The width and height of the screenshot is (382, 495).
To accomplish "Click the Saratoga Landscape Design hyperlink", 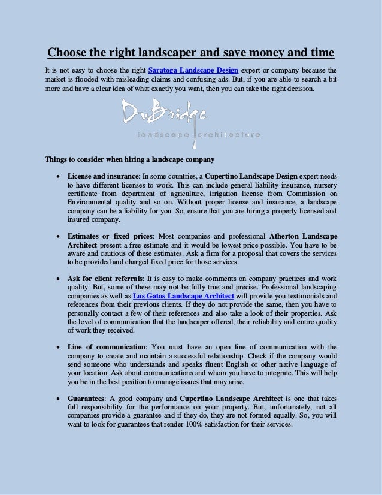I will tap(189, 70).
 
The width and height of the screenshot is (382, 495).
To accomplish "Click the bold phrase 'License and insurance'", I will tap(103, 177).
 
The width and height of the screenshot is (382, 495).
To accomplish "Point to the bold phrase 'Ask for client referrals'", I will tap(105, 279).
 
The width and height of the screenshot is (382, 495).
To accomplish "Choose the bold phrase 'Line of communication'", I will tap(107, 347).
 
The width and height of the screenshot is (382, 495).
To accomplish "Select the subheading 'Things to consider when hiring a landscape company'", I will tap(130, 159).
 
